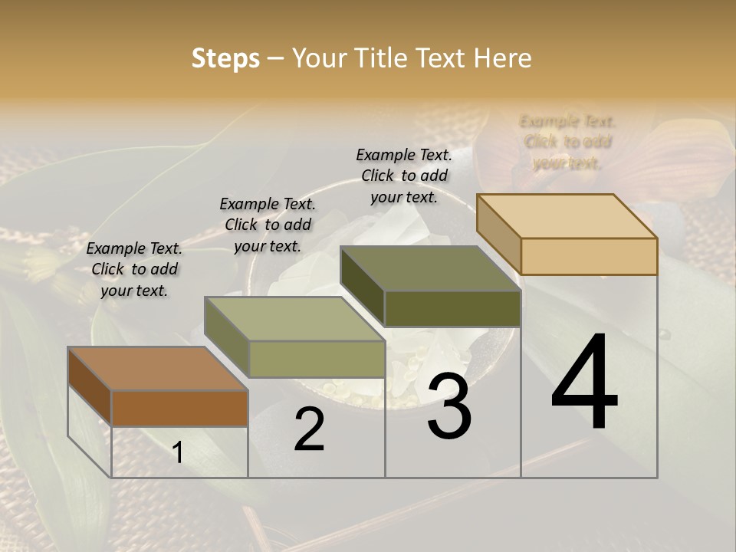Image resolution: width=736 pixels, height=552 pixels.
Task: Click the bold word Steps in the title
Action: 225,59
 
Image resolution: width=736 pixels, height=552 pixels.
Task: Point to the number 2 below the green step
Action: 309,429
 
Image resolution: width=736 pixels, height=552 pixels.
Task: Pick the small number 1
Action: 178,453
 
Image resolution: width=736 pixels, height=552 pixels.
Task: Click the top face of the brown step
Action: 157,369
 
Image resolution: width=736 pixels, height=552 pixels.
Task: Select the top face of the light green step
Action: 294,319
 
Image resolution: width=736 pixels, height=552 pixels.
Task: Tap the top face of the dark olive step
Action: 430,268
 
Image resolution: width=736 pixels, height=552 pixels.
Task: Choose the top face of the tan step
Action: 567,215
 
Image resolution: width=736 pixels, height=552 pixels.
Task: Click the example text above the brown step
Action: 134,269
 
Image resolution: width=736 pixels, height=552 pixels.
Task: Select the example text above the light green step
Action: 268,225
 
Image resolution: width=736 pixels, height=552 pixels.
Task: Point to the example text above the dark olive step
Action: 404,176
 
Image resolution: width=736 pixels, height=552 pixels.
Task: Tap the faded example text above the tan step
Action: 567,142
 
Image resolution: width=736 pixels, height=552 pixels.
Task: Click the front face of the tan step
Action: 589,256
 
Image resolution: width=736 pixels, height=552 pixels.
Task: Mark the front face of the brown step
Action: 179,408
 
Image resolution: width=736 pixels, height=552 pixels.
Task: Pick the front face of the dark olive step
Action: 452,308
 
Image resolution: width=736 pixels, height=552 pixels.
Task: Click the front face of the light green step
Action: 316,359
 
